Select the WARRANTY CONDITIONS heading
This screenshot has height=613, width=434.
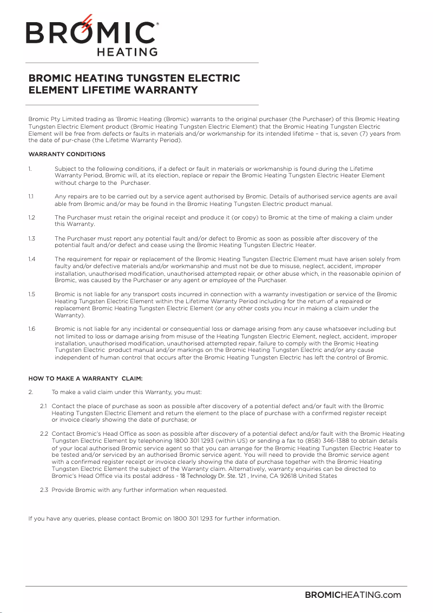click(x=67, y=155)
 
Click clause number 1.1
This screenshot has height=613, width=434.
click(x=31, y=197)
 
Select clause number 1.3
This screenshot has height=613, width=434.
click(x=31, y=238)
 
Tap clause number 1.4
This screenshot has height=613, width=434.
click(x=31, y=259)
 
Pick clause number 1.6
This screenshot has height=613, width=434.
click(x=31, y=329)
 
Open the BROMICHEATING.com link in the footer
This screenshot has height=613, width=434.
click(x=353, y=595)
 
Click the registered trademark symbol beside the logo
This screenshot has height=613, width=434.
click(x=157, y=24)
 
